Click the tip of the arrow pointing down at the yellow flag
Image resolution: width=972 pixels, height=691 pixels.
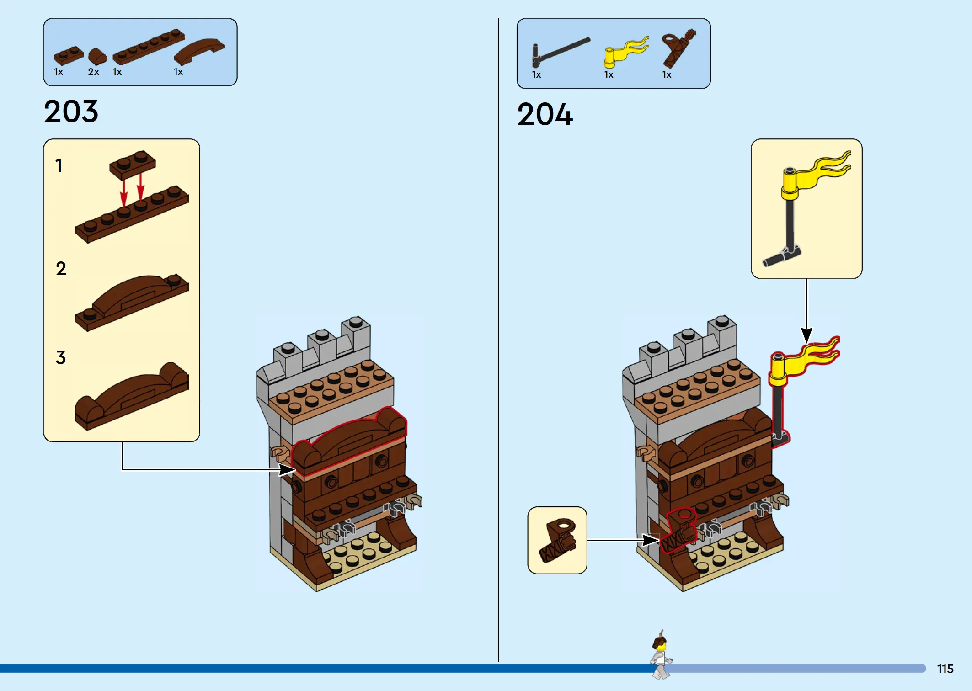click(806, 343)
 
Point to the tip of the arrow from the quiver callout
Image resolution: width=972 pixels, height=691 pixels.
click(659, 540)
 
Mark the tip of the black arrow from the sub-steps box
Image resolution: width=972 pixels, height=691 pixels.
click(296, 469)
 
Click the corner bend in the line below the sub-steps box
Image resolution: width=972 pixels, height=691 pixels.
click(122, 469)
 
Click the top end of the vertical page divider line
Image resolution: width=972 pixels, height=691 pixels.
click(498, 18)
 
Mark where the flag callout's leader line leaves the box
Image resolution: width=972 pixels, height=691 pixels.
click(806, 279)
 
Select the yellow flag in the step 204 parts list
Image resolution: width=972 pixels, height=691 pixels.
click(626, 52)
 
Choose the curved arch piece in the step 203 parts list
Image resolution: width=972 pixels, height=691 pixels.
click(199, 51)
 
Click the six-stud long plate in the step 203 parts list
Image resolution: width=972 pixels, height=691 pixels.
click(149, 47)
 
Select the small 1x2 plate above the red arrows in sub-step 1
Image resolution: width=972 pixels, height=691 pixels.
click(133, 165)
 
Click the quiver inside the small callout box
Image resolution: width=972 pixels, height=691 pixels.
click(558, 540)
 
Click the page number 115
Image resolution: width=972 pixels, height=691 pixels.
click(945, 669)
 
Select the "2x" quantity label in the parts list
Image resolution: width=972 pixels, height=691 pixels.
click(94, 72)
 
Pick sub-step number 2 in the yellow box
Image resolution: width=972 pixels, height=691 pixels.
click(61, 269)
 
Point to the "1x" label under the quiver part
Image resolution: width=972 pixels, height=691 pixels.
click(667, 74)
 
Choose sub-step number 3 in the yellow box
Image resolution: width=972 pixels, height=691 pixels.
click(61, 357)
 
